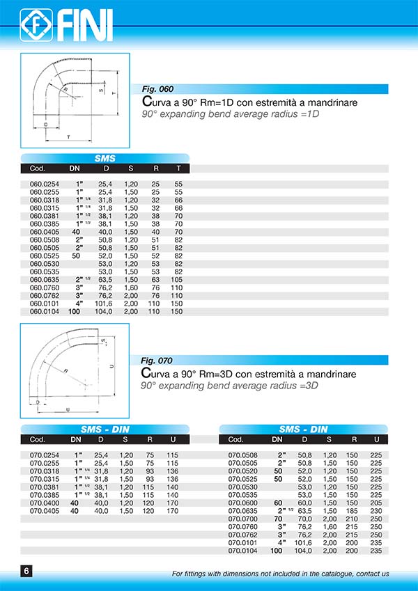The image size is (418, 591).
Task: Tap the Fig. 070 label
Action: click(157, 361)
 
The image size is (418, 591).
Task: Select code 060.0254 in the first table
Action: click(45, 184)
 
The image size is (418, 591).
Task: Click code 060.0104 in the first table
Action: click(45, 312)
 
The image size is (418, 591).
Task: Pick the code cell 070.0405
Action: click(45, 511)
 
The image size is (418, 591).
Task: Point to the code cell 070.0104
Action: click(243, 551)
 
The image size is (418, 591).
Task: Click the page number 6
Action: click(26, 572)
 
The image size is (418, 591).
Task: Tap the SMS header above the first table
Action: click(105, 158)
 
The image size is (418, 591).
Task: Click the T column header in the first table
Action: click(179, 168)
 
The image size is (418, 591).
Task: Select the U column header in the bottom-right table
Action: click(377, 439)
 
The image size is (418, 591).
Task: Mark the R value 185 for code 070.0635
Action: click(354, 511)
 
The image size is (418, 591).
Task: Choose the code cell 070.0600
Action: click(243, 503)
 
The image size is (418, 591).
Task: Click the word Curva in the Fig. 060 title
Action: click(156, 102)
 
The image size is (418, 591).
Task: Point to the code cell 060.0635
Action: click(45, 280)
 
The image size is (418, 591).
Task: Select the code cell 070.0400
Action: click(45, 503)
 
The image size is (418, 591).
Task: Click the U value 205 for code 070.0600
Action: click(377, 503)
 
